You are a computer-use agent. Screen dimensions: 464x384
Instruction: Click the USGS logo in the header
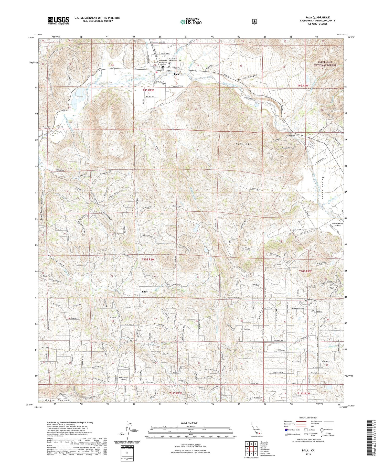click(58, 20)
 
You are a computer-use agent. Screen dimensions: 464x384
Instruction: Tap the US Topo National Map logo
click(191, 22)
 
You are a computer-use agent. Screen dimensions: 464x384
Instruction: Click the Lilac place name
click(144, 292)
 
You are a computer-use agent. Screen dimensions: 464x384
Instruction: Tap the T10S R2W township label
click(148, 260)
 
